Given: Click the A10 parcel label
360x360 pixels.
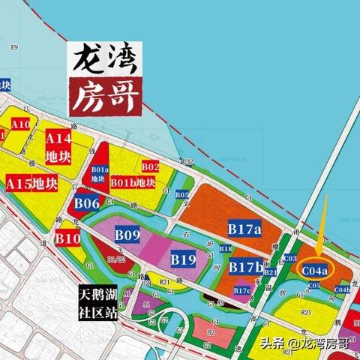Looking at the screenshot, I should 21,124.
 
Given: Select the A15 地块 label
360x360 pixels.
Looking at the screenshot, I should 32,183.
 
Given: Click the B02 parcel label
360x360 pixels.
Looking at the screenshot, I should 150,166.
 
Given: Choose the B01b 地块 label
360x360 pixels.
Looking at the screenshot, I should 133,182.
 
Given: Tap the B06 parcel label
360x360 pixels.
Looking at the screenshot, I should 87,202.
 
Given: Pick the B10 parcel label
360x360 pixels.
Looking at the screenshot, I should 67,238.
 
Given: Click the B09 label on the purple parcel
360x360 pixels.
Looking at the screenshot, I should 127,235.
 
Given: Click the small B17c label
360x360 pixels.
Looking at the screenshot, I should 241,290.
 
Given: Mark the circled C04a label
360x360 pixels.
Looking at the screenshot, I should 314,269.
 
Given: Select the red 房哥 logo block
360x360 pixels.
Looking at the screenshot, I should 104,95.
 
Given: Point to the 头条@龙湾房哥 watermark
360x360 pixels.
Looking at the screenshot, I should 304,344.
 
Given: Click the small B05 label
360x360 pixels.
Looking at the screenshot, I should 182,194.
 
